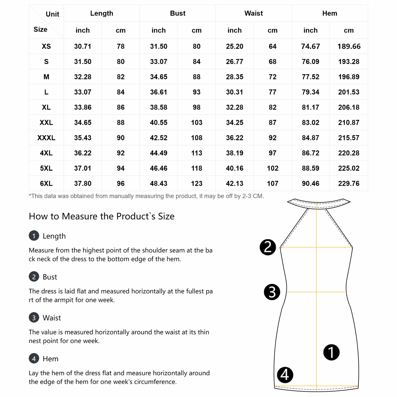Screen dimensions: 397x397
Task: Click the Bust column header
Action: point(178,13)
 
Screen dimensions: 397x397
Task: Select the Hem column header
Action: point(329,13)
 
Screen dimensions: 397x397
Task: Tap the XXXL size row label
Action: point(46,138)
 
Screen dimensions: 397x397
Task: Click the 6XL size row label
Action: point(46,183)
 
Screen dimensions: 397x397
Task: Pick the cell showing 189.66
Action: point(349,46)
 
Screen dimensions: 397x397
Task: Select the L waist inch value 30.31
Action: point(234,92)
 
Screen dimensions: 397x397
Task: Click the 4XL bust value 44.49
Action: point(159,153)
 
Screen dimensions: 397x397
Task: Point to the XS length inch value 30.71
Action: point(82,46)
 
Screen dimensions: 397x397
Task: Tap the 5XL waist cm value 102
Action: point(273,168)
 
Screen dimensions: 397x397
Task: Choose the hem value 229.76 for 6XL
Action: point(349,183)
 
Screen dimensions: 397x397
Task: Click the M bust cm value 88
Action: point(196,77)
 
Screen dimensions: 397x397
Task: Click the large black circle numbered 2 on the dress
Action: point(268,247)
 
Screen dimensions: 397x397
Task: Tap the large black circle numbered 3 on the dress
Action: point(272,292)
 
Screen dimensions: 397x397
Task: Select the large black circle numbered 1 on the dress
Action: point(331,352)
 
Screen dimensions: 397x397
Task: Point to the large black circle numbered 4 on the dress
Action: point(285,375)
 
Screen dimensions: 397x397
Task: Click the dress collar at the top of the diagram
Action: point(319,204)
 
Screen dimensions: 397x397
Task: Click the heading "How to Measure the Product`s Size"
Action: point(102,216)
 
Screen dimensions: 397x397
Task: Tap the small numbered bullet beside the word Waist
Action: point(34,318)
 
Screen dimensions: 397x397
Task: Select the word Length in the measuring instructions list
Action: point(54,236)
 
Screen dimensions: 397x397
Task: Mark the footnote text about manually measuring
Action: point(146,196)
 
